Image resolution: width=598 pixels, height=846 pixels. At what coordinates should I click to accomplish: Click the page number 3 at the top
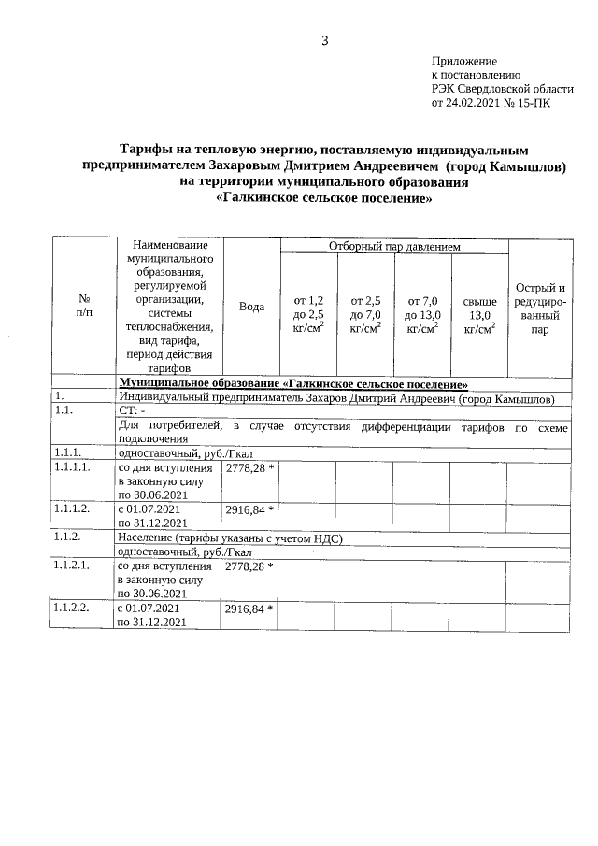[x=324, y=40]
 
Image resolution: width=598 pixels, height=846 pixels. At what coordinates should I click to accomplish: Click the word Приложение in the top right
[x=463, y=60]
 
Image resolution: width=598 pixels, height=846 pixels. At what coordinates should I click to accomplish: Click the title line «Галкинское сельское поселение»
[x=324, y=198]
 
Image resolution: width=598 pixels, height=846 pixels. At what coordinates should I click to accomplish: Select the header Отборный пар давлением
[x=394, y=246]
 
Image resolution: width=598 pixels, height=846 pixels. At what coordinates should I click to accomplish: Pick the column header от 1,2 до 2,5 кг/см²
[x=308, y=314]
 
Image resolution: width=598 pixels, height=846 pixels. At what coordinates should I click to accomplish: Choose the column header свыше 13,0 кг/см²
[x=479, y=314]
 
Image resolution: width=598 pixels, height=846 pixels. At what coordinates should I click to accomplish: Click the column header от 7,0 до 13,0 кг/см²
[x=422, y=314]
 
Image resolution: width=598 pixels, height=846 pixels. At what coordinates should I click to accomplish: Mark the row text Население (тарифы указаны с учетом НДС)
[x=231, y=538]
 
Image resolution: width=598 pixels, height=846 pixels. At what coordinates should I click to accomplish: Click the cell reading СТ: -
[x=132, y=410]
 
